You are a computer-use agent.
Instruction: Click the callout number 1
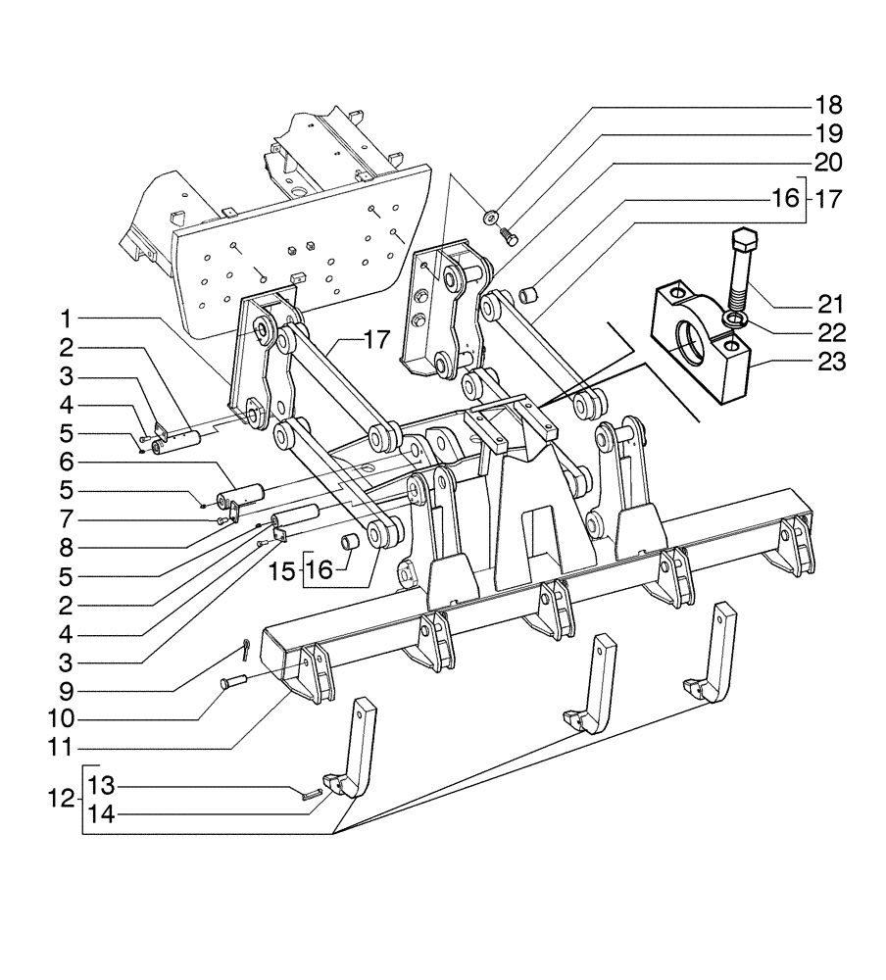[65, 319]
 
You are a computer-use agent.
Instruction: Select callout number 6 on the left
[65, 461]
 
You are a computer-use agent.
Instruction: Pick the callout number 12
[59, 800]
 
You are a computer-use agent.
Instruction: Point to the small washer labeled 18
[491, 216]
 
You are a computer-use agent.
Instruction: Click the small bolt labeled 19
[507, 235]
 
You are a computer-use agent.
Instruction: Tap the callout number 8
[65, 548]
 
